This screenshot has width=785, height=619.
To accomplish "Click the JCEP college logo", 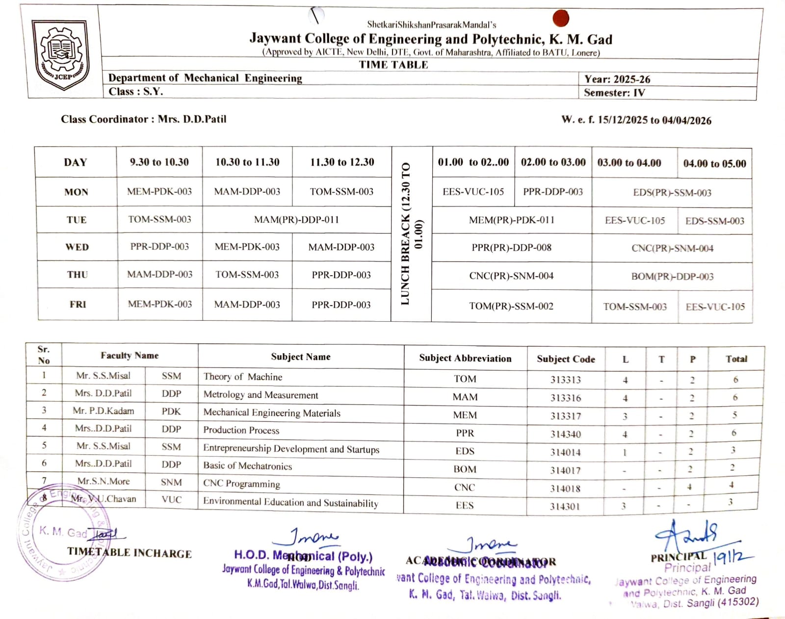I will (x=61, y=54).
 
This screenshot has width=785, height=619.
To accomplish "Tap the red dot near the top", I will (x=560, y=18).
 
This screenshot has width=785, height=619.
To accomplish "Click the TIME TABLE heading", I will (x=393, y=65).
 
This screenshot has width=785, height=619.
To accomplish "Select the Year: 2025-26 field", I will (x=617, y=79).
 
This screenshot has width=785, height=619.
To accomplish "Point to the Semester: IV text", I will (x=614, y=93).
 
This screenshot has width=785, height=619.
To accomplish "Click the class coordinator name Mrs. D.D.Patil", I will (x=192, y=119).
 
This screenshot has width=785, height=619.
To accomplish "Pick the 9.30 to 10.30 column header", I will (x=159, y=162).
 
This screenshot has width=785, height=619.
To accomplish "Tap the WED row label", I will (x=77, y=247).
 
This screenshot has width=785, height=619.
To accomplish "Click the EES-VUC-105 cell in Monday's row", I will (x=473, y=192).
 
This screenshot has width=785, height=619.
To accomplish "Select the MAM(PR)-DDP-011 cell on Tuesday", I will (x=296, y=220).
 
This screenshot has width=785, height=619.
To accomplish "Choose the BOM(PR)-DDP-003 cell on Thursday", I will (x=672, y=277).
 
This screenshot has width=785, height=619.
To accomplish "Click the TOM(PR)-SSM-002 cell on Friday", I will (x=511, y=306).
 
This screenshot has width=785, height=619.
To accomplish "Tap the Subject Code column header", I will (x=566, y=359).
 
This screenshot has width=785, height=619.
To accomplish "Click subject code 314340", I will (x=565, y=434).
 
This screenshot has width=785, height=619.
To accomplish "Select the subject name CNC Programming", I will (x=241, y=484).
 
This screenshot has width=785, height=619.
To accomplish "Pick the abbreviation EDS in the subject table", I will (x=465, y=451).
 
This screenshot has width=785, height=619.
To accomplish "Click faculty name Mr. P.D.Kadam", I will (x=103, y=411).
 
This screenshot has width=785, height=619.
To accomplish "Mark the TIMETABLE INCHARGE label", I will (x=130, y=553).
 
